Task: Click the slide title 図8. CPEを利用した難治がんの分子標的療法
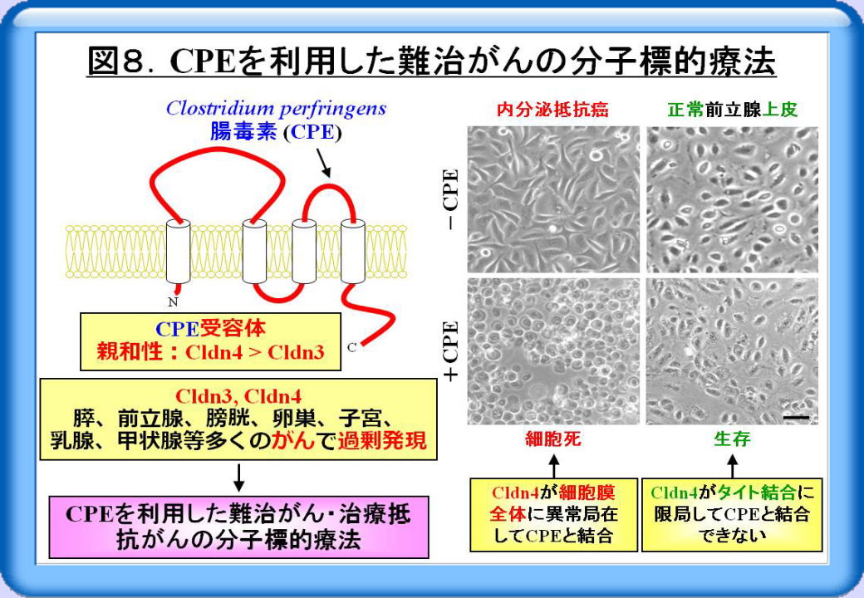(431, 61)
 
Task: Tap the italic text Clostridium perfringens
(276, 109)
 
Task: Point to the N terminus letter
(173, 301)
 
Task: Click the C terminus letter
(352, 347)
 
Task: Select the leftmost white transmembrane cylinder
(178, 252)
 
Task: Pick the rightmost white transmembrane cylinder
(352, 252)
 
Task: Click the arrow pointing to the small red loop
(323, 163)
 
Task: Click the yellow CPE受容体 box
(210, 341)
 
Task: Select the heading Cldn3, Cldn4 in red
(238, 396)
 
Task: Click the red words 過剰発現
(382, 440)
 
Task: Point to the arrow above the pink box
(238, 478)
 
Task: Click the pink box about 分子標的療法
(238, 527)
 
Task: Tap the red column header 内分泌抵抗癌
(552, 110)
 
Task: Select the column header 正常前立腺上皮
(732, 110)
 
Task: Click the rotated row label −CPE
(451, 199)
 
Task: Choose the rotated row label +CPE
(451, 350)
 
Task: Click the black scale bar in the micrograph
(796, 418)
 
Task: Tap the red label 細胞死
(553, 439)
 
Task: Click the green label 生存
(732, 439)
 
